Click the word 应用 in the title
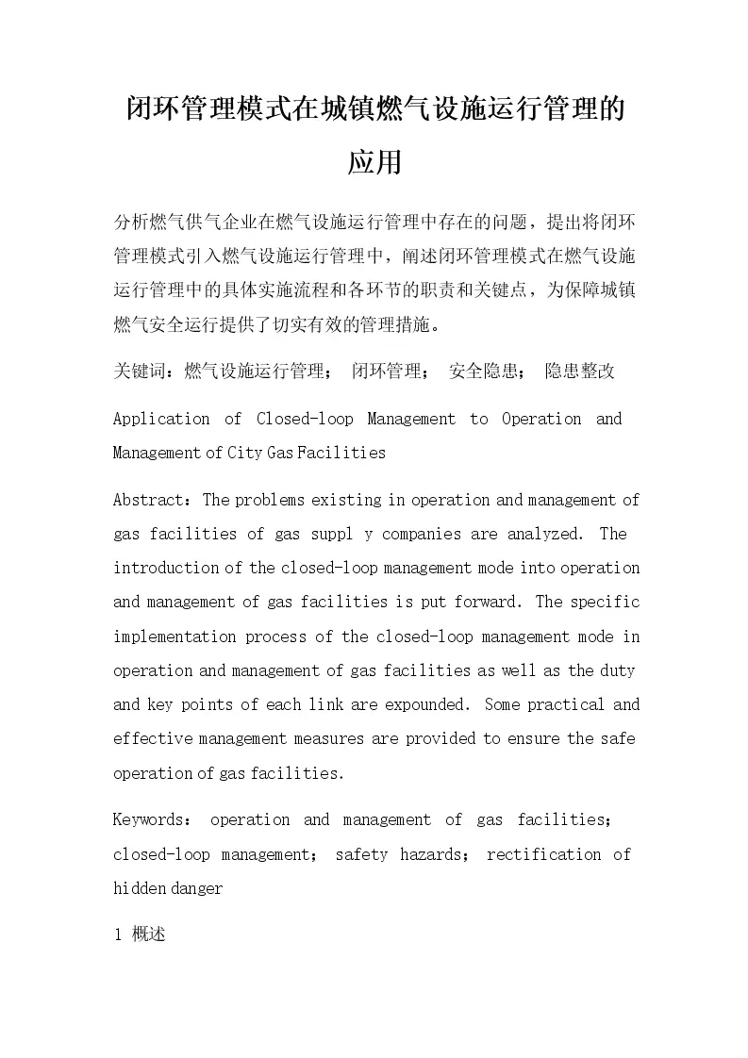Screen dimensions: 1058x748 click(374, 163)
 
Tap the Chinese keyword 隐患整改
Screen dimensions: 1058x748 click(580, 372)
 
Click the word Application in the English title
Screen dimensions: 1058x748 click(161, 419)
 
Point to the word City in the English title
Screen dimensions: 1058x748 click(245, 453)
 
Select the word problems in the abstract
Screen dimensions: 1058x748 click(274, 500)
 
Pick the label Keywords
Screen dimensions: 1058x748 click(147, 820)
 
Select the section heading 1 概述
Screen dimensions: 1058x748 click(140, 935)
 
